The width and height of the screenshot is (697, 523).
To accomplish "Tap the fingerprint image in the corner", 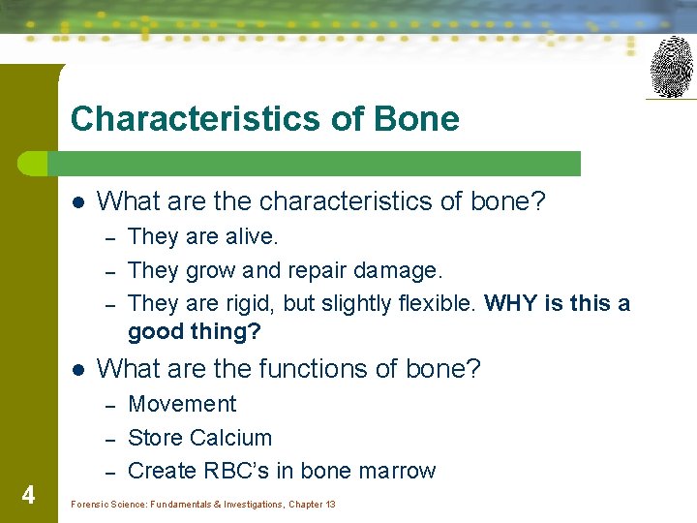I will [x=671, y=66].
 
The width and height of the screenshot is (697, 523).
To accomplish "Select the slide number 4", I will [x=28, y=496].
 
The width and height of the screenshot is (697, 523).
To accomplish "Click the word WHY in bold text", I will [x=510, y=304].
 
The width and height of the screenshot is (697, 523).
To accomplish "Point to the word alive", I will [x=251, y=236].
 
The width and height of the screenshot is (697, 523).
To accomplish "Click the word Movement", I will [x=182, y=404].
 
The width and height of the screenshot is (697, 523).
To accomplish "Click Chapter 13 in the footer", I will [x=311, y=505].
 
